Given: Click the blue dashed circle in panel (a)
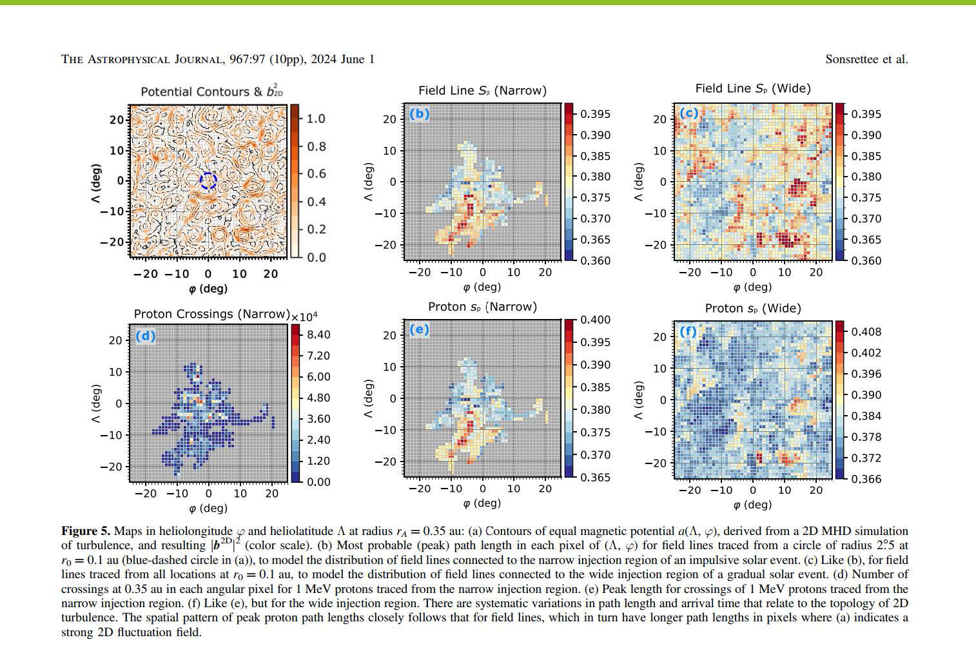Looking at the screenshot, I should pos(208,180).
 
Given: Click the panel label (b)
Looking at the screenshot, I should pos(419,114).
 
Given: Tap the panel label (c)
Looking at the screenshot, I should pos(688,113).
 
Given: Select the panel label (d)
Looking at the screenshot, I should pos(146,336).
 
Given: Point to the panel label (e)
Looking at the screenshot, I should pos(419,329).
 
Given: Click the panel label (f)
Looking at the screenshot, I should pos(688,331).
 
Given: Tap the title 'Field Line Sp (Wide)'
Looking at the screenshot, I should pos(753,88).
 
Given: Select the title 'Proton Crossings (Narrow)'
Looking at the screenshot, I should pos(211,314).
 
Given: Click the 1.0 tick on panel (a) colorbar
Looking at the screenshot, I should pos(316,119).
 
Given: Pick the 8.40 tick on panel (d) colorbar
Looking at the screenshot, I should pos(318,335).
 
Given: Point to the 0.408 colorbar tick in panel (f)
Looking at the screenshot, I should pos(866,332).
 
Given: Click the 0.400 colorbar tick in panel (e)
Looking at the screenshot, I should pos(596,320).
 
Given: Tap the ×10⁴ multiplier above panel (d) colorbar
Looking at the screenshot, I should pos(304,316).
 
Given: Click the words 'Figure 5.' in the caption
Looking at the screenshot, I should pos(86,531).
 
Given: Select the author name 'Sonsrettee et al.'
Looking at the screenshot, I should pos(866,59).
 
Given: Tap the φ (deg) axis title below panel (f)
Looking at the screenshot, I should pos(752,504).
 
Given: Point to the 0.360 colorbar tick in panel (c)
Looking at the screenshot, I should pos(866,260).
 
